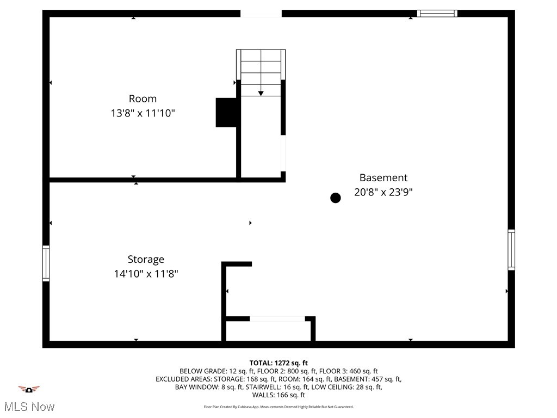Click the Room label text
[143, 99]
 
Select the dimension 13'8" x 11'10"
[143, 113]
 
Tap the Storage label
[146, 260]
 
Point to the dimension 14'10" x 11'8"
[146, 274]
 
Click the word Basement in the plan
[383, 177]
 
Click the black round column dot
[336, 198]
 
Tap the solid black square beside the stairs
[226, 112]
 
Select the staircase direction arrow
[261, 94]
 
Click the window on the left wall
[46, 263]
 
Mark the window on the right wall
[511, 250]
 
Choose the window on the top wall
[437, 14]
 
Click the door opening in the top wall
[261, 14]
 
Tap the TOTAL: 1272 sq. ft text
[278, 363]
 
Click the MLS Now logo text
[29, 407]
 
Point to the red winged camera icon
[29, 389]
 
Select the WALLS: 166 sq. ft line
[278, 395]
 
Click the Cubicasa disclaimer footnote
[278, 407]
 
